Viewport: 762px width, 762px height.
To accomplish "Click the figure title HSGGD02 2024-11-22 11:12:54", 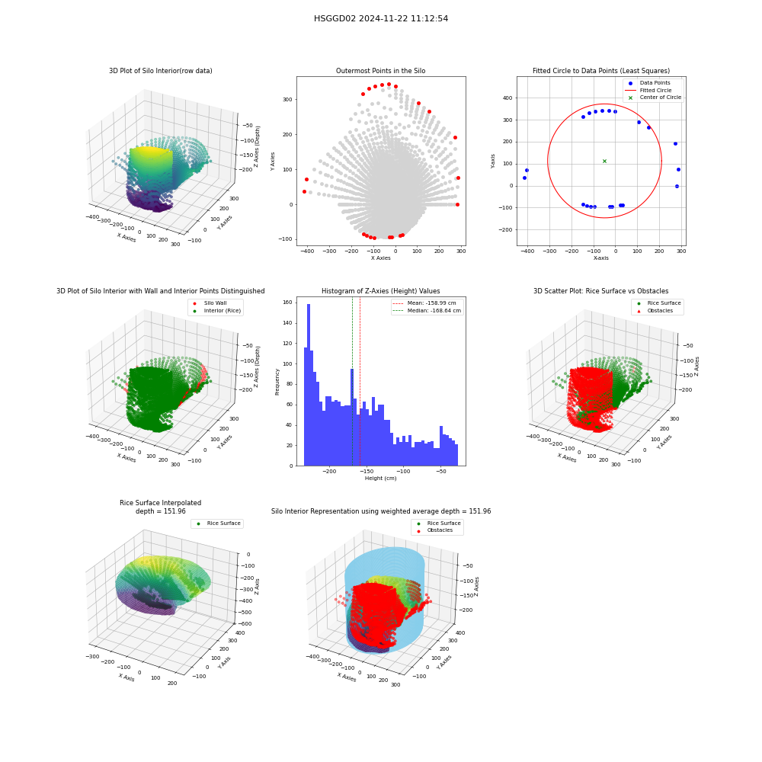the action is click(381, 18).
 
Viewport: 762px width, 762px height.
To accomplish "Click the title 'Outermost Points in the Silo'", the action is click(380, 71).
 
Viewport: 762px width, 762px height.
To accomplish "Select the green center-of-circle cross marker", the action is click(604, 161).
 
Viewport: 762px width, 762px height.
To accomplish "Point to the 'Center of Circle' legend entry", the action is click(654, 98).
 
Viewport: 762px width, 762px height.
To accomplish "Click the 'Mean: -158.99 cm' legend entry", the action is click(424, 303).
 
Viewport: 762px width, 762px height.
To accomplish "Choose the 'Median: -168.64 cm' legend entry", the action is click(427, 311).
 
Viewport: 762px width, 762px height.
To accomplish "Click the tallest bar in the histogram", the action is click(309, 385).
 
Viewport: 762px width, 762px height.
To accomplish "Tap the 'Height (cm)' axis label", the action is click(380, 479).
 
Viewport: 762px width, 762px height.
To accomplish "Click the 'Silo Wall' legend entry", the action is click(210, 303).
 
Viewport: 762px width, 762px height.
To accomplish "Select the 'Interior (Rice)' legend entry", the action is click(216, 311).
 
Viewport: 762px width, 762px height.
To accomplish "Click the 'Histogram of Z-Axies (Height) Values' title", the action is click(380, 291).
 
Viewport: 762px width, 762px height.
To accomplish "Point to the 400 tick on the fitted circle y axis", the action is click(507, 98).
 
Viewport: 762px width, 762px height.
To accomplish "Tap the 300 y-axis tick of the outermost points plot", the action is click(287, 100).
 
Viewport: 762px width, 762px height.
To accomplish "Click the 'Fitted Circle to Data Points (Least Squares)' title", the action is click(601, 71).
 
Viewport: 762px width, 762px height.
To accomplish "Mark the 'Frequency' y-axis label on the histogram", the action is click(277, 382).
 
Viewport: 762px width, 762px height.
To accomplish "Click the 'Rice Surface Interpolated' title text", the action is click(160, 503).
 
